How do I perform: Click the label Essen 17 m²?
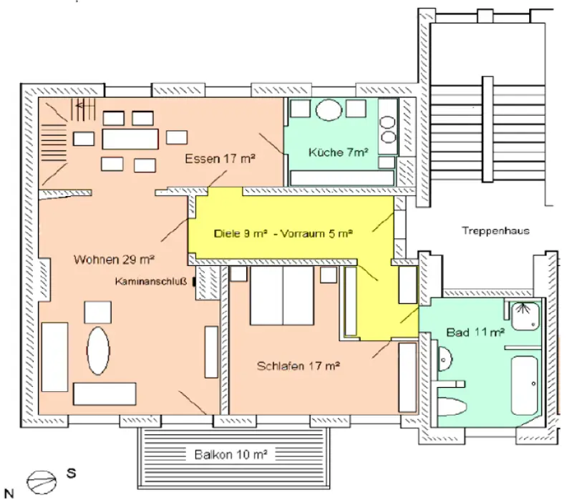220,159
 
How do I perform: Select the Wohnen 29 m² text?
115,259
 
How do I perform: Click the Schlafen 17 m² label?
298,366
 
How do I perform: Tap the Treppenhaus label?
495,231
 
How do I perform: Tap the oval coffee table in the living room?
99,351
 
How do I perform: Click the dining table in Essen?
130,138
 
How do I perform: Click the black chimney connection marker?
194,282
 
